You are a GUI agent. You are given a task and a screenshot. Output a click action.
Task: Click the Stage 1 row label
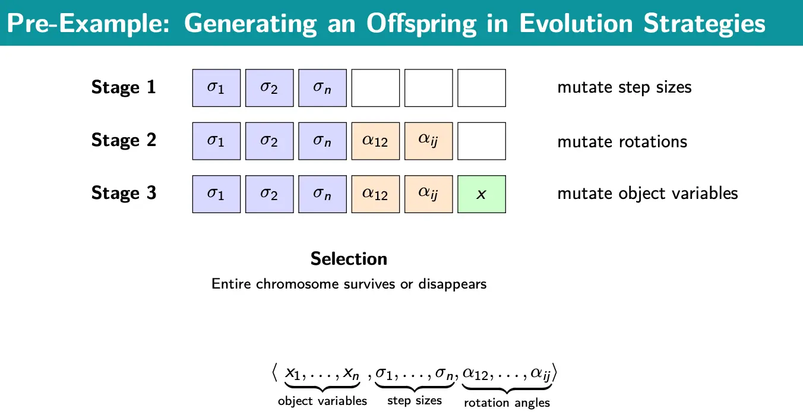(124, 87)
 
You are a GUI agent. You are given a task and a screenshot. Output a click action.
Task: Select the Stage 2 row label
(124, 140)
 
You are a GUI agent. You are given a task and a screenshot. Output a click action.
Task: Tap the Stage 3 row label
(124, 193)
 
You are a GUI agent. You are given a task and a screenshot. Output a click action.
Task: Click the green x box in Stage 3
(482, 194)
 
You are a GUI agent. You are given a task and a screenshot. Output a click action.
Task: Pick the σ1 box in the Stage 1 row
(216, 88)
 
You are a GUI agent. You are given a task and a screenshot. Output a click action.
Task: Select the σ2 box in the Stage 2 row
(269, 141)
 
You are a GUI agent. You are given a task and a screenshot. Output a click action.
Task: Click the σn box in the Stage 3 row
(323, 194)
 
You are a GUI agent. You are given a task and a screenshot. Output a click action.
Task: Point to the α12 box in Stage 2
(375, 141)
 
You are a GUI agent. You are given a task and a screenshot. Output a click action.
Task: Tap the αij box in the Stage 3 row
(428, 194)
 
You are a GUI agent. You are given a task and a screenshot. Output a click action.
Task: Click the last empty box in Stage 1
(482, 88)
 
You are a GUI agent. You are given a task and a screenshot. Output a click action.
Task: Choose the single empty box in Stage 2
(482, 141)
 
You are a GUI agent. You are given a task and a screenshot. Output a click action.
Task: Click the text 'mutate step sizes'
(624, 88)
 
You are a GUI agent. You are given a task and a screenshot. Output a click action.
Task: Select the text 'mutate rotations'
(622, 141)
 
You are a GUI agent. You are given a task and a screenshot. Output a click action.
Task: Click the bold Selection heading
(349, 259)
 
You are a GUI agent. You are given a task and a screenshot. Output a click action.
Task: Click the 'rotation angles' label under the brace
(507, 403)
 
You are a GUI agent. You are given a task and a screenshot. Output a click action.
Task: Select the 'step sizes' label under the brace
(415, 400)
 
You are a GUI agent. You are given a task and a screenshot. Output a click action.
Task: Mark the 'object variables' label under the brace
(323, 401)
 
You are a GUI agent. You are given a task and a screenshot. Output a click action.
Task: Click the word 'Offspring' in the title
(421, 24)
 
